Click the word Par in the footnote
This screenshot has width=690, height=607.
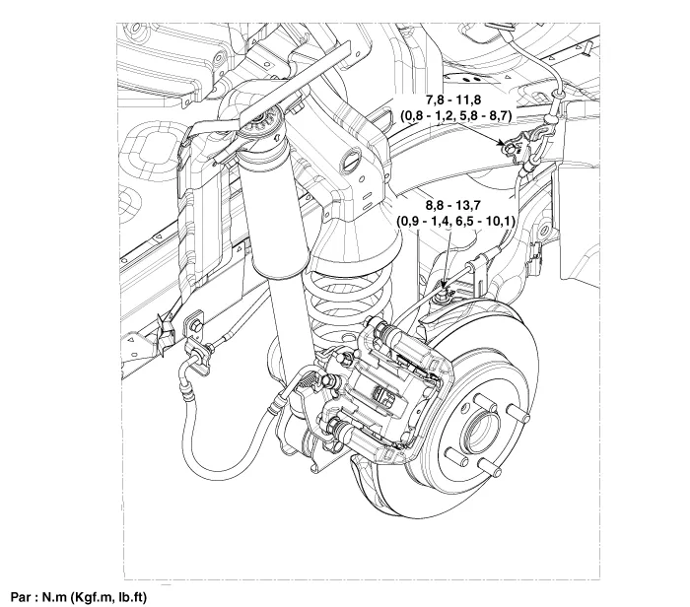(17, 595)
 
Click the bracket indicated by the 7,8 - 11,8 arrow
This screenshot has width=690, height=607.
(515, 150)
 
